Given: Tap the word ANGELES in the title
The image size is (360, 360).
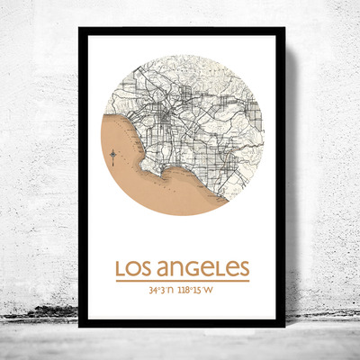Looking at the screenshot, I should tap(203, 269).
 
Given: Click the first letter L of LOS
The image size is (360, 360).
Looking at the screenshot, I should tap(121, 269).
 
